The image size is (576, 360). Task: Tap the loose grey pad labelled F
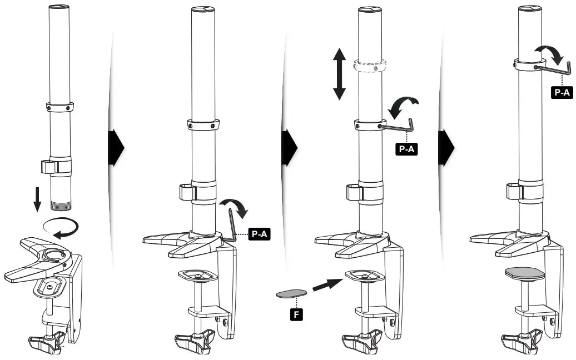pos(291,293)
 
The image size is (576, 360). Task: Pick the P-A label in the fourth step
pos(562,92)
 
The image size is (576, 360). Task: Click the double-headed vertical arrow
pos(339,74)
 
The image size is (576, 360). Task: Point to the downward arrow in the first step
pos(37,199)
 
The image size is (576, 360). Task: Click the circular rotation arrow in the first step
pos(61,226)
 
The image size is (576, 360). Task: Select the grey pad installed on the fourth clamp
pos(523,274)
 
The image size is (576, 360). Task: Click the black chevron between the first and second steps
pos(115,148)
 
